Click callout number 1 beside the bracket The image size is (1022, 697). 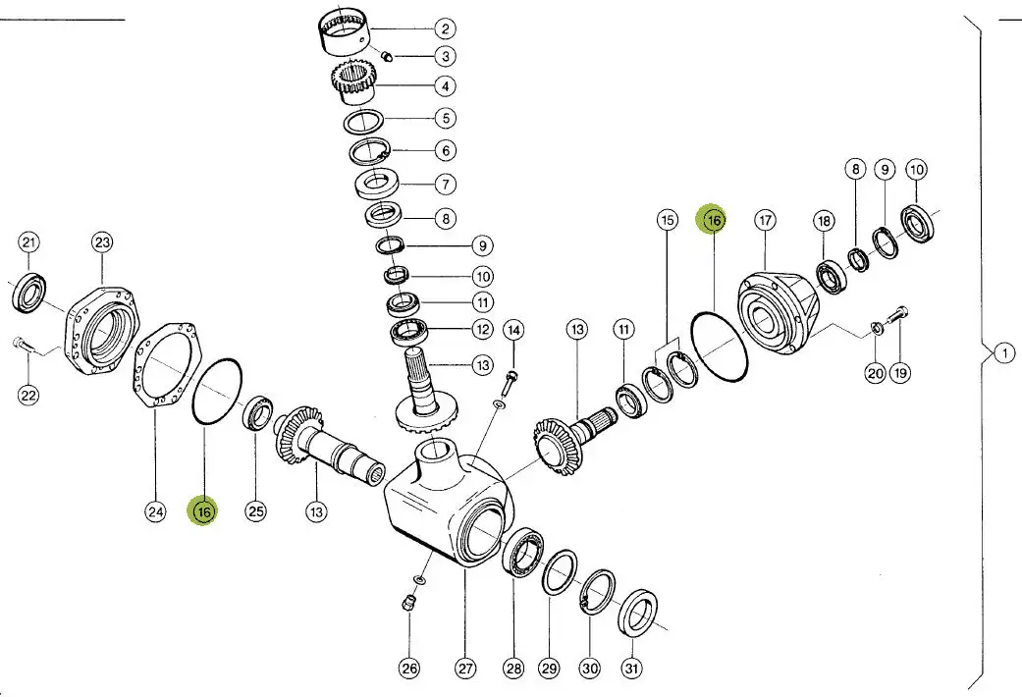[x=1003, y=353]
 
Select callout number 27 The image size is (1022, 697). [x=465, y=669]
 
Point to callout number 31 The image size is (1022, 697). [x=631, y=669]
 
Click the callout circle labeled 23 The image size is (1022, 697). [x=103, y=242]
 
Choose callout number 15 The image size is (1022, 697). [x=668, y=220]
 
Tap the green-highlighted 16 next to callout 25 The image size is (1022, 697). [x=204, y=510]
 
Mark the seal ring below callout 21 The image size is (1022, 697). [x=29, y=293]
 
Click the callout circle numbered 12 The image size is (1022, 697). [x=482, y=330]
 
